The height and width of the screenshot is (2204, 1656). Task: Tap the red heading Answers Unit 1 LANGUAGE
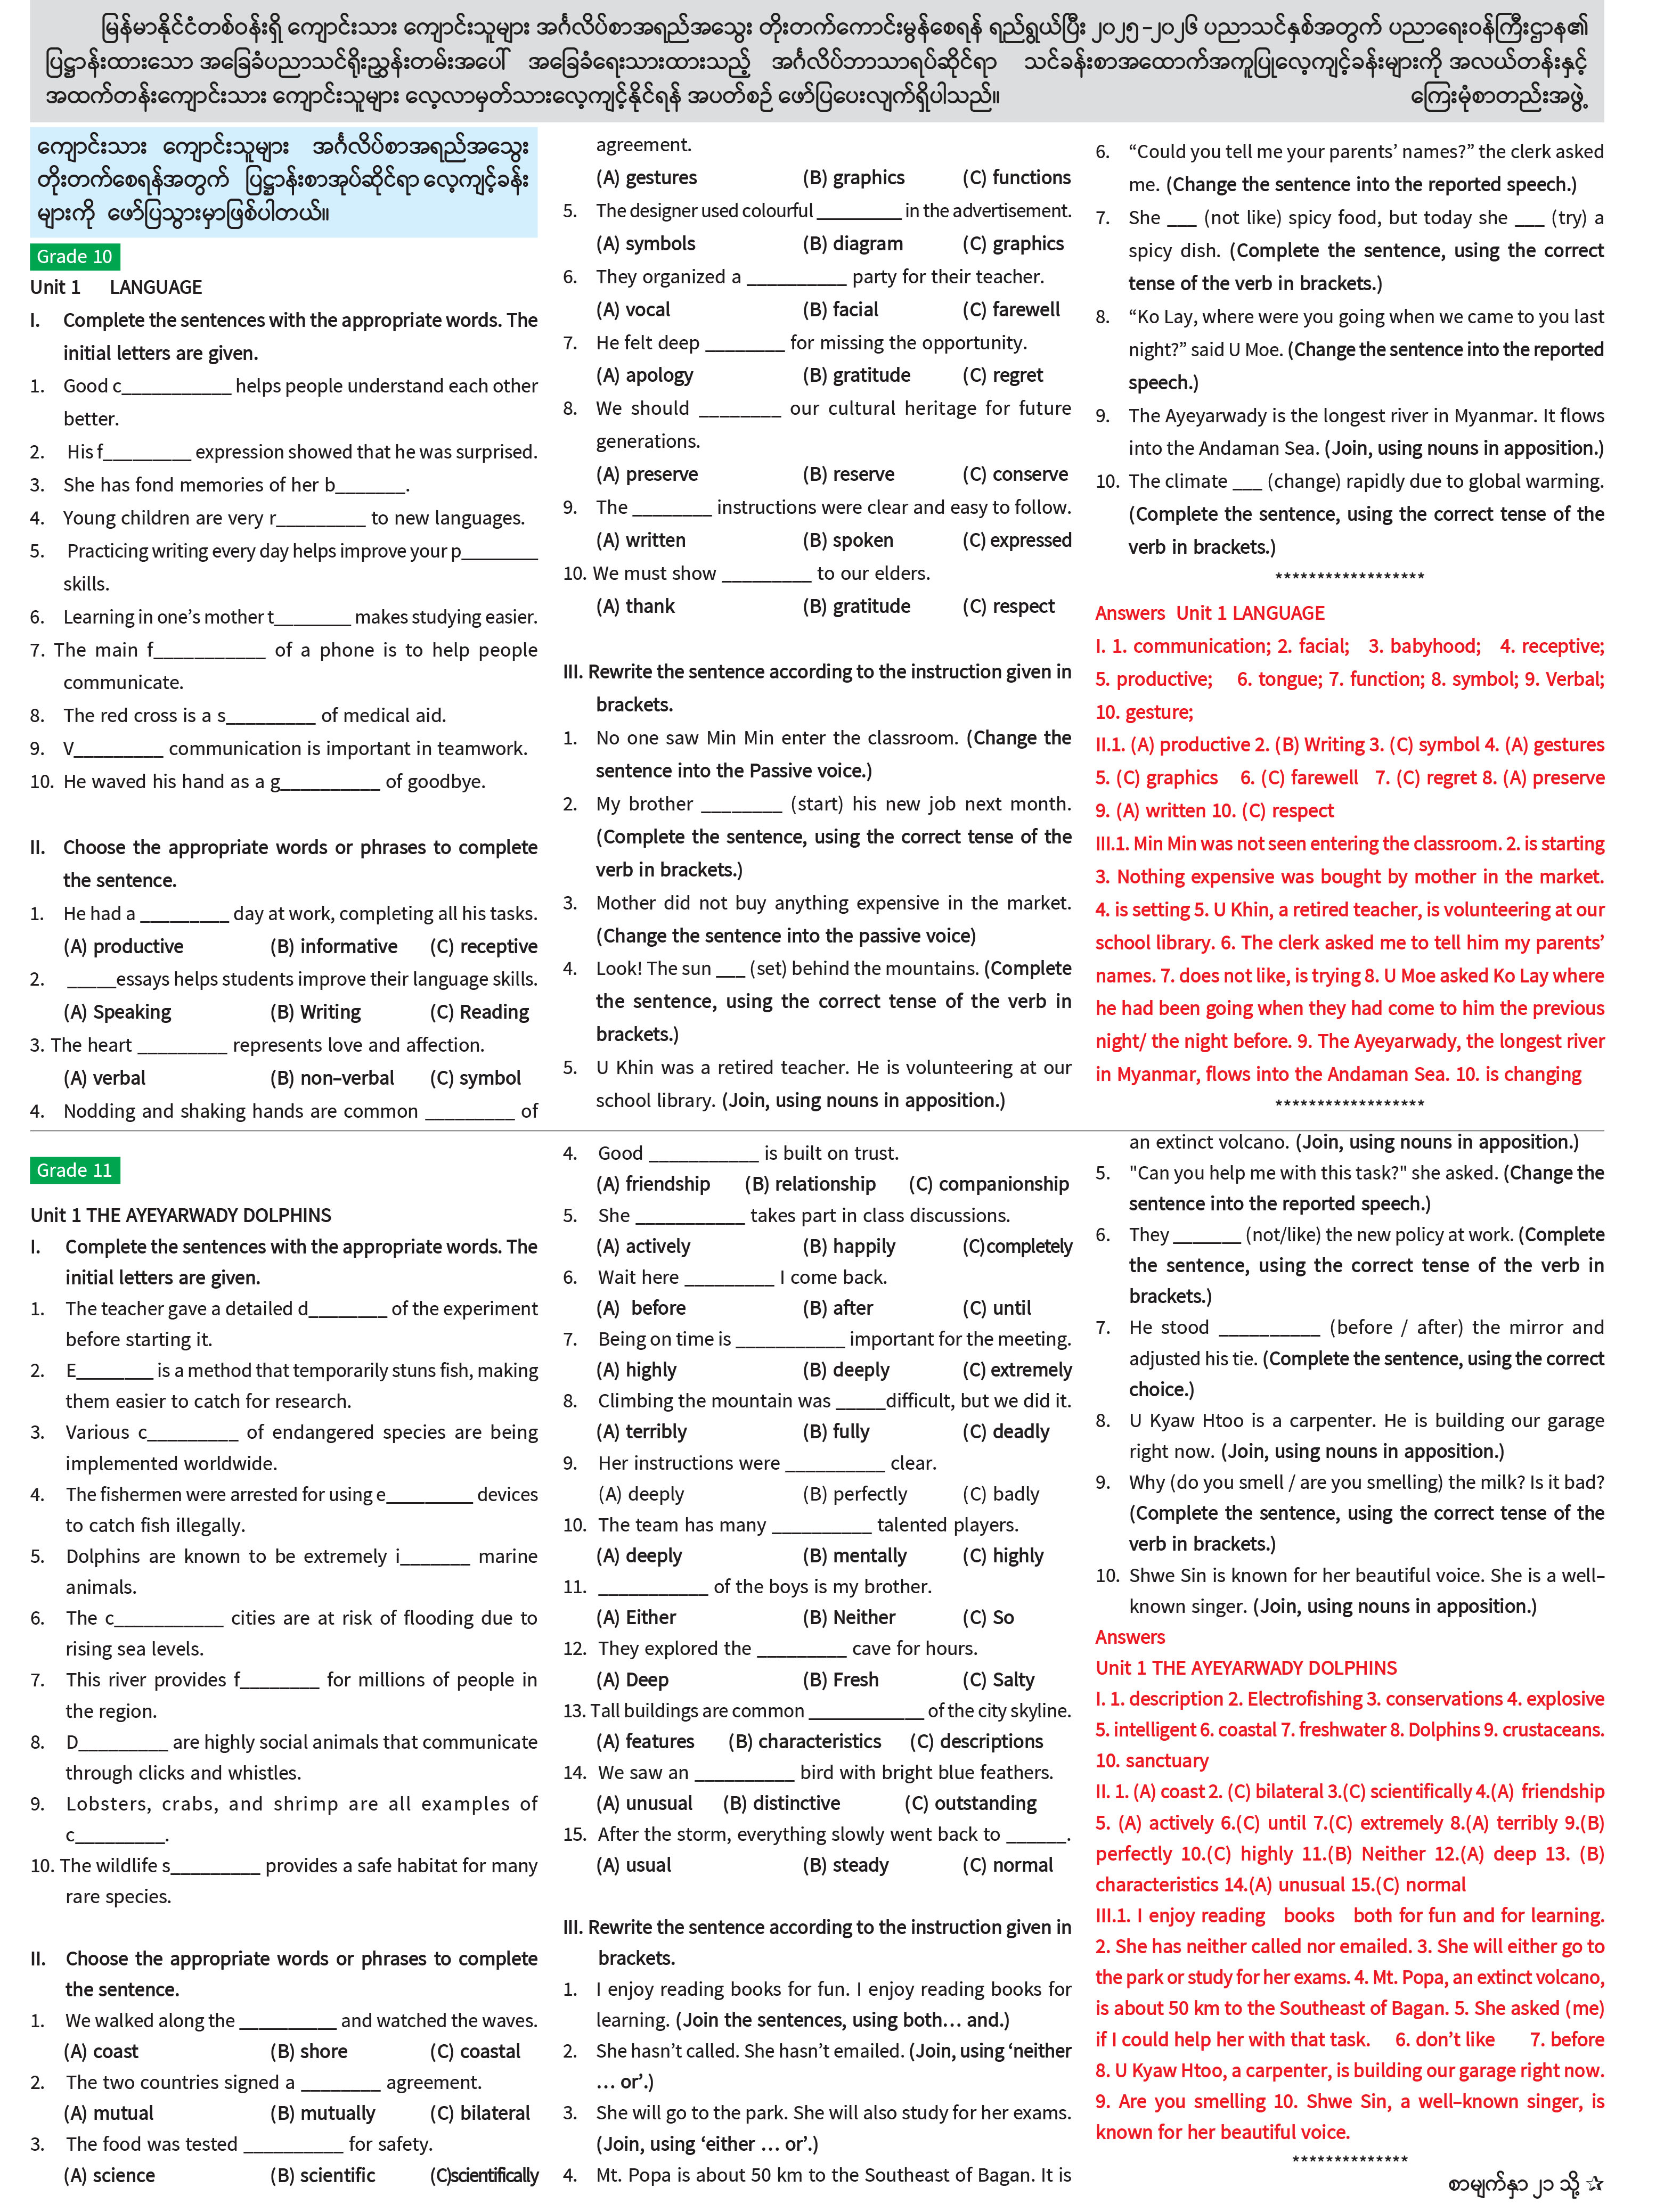tap(1210, 613)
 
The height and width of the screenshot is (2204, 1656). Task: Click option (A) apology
tap(645, 375)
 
